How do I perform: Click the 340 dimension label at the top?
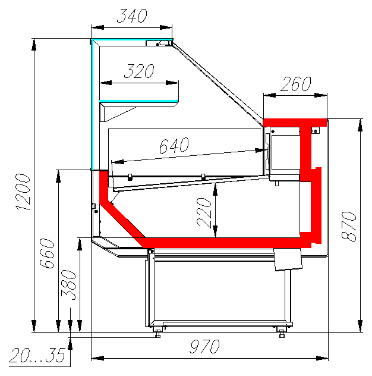132,16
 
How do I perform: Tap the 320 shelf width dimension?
139,71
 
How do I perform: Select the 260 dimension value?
296,84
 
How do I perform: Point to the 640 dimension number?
174,145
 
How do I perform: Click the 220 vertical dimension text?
204,212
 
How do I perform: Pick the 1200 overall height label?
23,193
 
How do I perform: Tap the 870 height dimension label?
349,226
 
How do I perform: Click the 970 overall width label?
204,346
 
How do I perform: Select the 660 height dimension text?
47,253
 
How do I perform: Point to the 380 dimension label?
68,285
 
